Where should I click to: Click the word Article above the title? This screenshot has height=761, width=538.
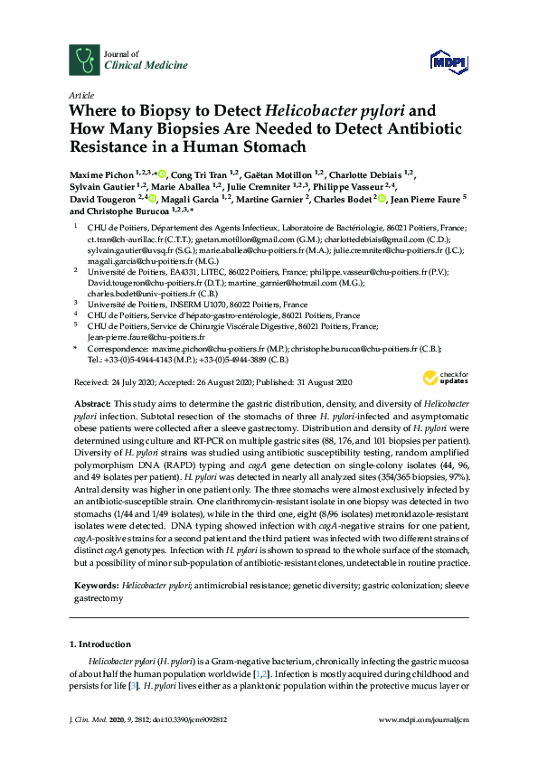click(81, 95)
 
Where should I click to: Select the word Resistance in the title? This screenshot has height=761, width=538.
click(108, 146)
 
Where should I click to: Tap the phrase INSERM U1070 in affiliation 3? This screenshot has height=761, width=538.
click(194, 305)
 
